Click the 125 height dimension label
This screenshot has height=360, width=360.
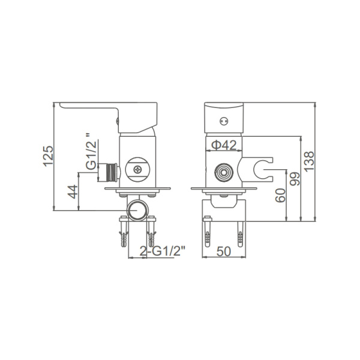49,156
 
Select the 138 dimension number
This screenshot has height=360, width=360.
309,161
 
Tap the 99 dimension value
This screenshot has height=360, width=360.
295,179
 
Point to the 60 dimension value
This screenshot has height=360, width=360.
280,196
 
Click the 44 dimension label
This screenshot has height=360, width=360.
73,192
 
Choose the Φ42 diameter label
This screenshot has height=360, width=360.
224,145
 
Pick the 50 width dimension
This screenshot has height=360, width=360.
224,251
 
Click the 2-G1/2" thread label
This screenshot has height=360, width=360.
163,251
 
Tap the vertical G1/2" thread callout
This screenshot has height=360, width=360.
91,152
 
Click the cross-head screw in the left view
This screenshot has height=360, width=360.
138,170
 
